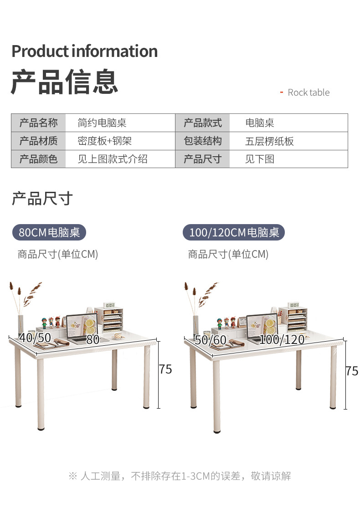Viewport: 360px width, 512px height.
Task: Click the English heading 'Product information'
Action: click(x=84, y=51)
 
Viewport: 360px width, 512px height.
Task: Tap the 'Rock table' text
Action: click(x=308, y=92)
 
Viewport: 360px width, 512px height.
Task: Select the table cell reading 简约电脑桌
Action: click(x=102, y=123)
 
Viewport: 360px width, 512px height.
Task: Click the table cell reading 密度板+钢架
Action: click(x=104, y=141)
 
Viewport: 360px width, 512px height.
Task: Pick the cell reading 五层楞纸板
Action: click(x=269, y=141)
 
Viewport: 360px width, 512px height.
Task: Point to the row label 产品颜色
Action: click(x=38, y=159)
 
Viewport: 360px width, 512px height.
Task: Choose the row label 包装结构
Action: click(x=202, y=141)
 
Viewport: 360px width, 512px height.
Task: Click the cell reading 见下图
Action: click(x=260, y=159)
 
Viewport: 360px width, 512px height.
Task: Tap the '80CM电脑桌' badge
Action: click(x=49, y=232)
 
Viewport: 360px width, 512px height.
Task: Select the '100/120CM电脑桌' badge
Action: click(x=234, y=232)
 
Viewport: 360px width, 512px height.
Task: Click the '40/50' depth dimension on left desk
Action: click(x=35, y=338)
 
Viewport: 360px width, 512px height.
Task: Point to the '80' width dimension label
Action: click(x=93, y=339)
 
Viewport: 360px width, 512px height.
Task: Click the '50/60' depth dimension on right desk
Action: click(x=211, y=340)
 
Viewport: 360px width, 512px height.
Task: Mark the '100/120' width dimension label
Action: click(x=282, y=339)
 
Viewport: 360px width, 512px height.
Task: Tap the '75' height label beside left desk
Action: click(x=165, y=369)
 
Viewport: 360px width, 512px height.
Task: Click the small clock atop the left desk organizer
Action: click(x=110, y=305)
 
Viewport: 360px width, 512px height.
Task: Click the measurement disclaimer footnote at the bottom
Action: click(x=180, y=476)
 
